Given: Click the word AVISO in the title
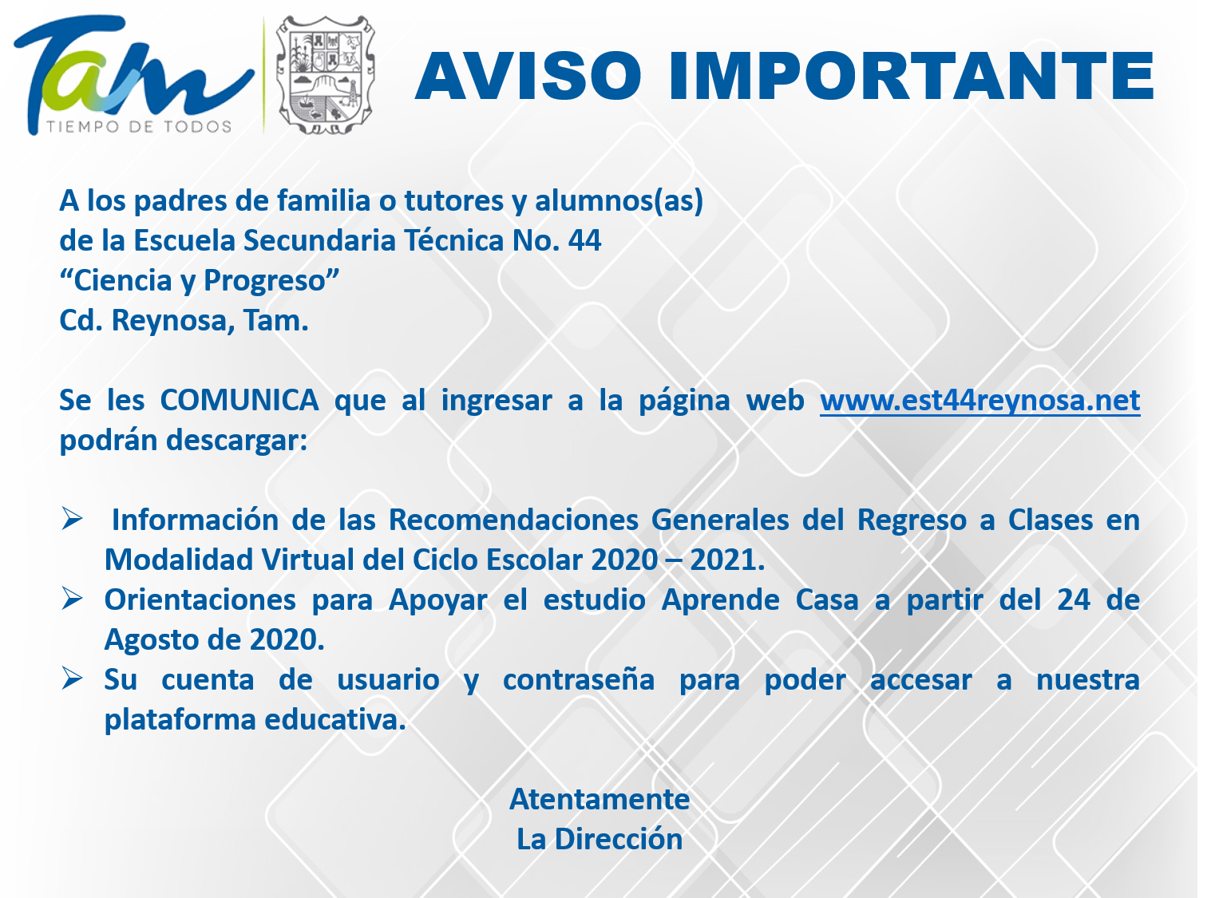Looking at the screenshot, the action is pos(528,76).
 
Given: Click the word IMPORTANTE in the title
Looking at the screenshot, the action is pos(912,76).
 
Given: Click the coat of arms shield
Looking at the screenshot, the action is pos(326,74).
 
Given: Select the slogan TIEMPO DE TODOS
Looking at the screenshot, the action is pos(140,127).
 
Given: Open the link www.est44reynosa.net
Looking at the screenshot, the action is pos(980,401).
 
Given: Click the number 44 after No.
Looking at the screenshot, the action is pos(584,240).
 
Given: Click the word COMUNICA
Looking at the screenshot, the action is pos(239,401).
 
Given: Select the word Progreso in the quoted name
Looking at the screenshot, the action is pos(264,281).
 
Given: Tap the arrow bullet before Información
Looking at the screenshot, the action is pos(72,519).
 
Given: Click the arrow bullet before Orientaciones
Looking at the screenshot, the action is pos(72,599).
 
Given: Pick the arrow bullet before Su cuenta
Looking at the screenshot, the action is pos(72,678).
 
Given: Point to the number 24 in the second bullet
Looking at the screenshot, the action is pos(1074,600).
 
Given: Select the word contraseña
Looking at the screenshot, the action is pos(579,680).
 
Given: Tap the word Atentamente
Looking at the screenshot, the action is pos(600,800).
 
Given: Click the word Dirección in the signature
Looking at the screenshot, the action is pos(618,839).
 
